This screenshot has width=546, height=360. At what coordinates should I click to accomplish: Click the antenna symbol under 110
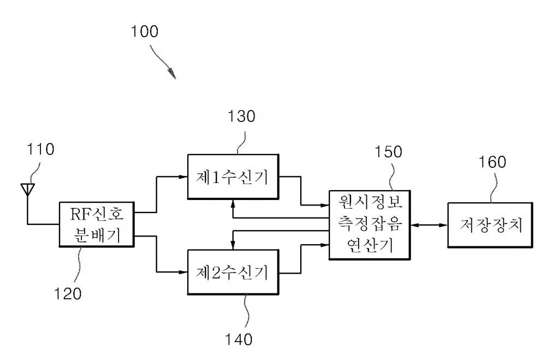tap(26, 190)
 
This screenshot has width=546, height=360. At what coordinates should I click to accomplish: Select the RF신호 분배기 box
tap(96, 225)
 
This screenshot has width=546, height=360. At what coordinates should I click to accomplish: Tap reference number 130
tap(240, 116)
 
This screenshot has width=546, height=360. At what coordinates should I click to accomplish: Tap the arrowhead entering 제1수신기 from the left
tap(183, 177)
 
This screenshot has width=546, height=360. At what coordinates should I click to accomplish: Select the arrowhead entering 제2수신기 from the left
tap(183, 272)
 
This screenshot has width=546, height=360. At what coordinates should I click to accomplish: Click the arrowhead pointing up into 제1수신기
tap(234, 203)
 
